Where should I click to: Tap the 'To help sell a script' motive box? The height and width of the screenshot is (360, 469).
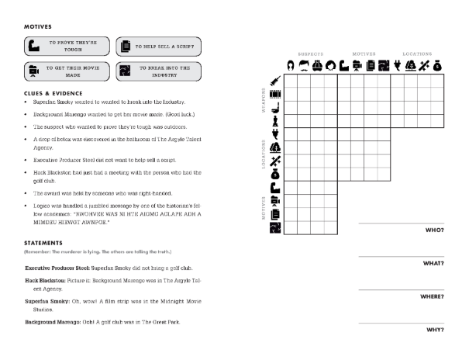158,46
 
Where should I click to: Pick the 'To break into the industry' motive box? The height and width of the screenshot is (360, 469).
158,71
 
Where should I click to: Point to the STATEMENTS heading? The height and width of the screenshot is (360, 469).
46,242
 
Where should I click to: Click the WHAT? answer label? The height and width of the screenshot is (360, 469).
433,263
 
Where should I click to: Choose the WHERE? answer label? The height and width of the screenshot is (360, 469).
431,296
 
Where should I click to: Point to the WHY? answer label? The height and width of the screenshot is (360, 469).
435,330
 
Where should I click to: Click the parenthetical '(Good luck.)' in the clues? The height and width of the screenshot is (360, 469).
160,114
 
